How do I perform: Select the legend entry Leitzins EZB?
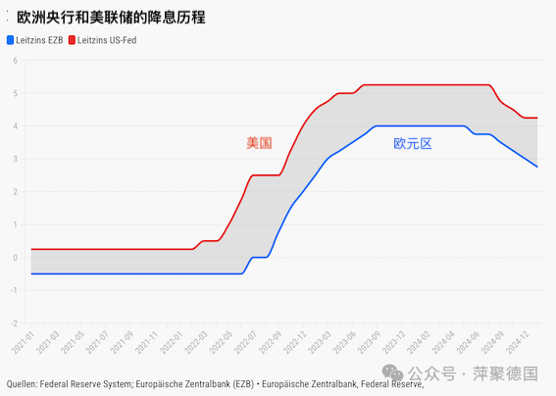[39, 40]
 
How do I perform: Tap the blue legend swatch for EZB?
[10, 40]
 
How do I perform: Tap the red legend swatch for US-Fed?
[72, 40]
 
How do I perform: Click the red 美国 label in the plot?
[259, 143]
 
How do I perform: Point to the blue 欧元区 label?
[413, 143]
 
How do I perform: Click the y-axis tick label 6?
[16, 61]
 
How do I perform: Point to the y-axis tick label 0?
[16, 257]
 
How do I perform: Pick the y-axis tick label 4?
[16, 126]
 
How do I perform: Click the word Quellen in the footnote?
[21, 384]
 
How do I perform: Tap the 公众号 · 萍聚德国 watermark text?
[475, 373]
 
